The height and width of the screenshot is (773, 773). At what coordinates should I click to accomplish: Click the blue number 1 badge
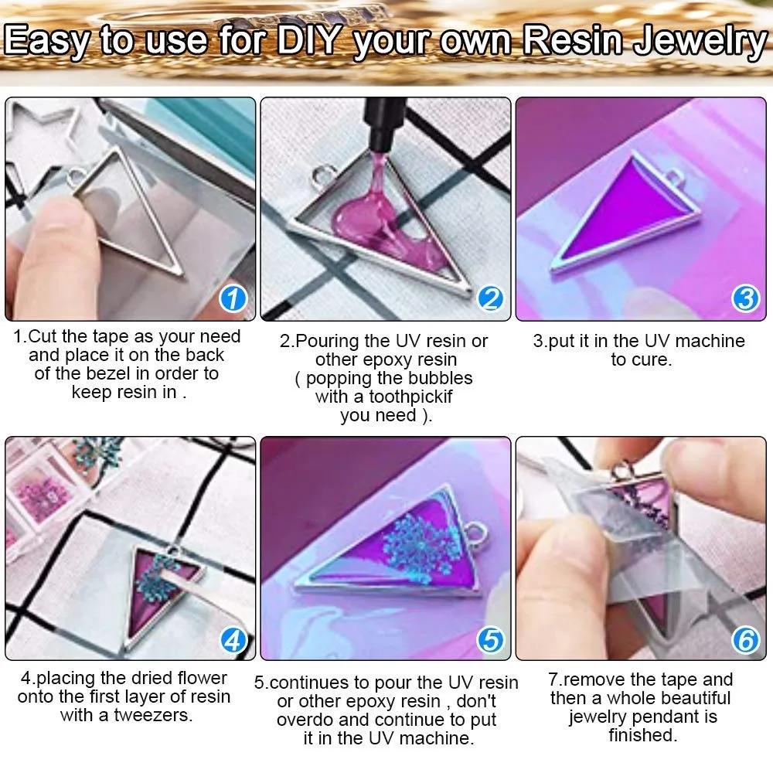click(x=234, y=299)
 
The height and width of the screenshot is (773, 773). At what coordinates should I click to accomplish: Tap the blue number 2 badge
click(x=490, y=299)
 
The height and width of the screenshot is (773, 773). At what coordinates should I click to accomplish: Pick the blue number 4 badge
click(x=234, y=640)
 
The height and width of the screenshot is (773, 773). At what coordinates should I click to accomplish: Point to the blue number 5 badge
click(x=490, y=640)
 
